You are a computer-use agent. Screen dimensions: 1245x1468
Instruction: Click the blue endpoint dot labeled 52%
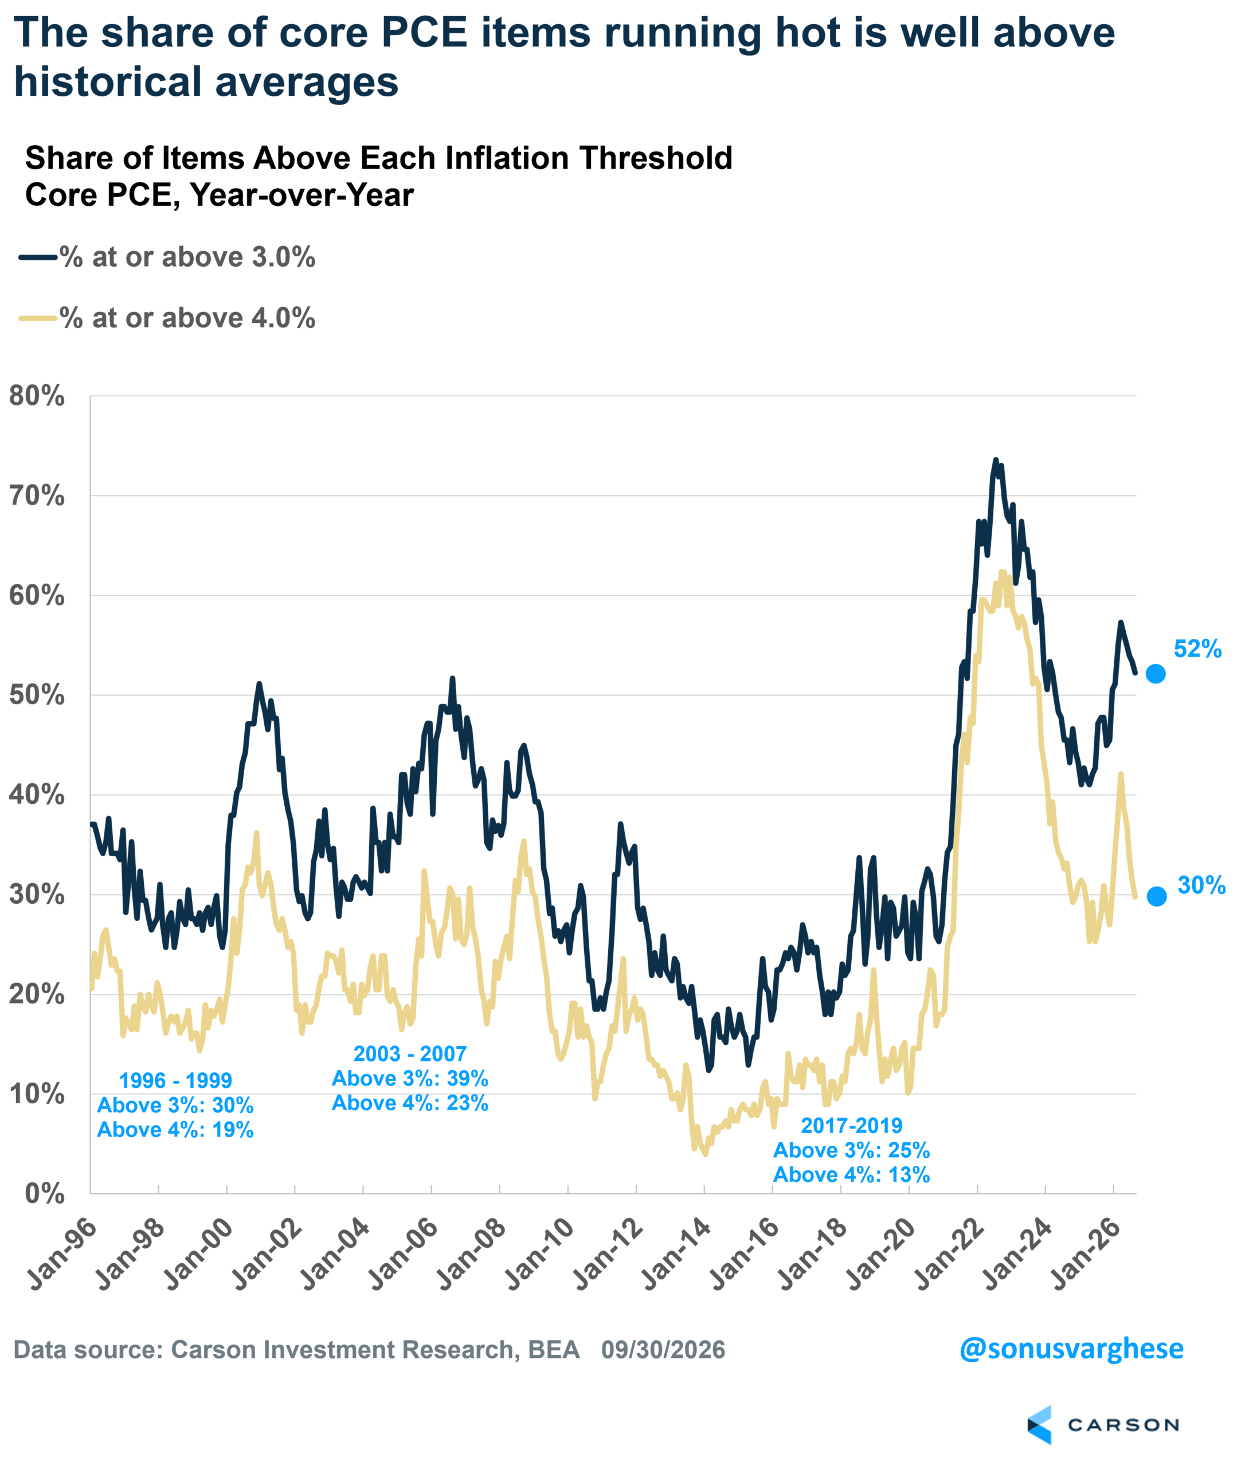tap(1156, 674)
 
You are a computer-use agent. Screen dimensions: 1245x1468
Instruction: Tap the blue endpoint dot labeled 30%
tap(1157, 896)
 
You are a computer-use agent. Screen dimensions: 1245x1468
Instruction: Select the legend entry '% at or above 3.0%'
tap(167, 257)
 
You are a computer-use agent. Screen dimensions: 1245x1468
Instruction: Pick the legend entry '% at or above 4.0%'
tap(167, 318)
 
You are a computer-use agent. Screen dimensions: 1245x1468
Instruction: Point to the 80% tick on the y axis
tap(37, 396)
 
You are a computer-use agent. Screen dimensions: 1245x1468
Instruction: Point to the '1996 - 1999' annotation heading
tap(176, 1080)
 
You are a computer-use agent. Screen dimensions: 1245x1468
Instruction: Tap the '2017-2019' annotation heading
tap(852, 1126)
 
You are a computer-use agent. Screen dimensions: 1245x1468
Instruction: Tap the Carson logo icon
tap(1040, 1425)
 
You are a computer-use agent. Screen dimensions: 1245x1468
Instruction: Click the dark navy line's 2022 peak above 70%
tap(996, 460)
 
